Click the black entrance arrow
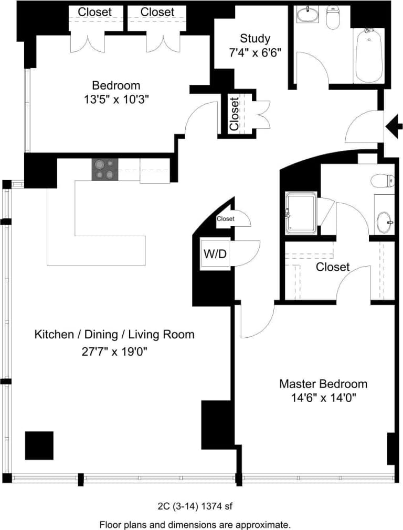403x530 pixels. pyautogui.click(x=394, y=126)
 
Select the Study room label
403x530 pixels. pyautogui.click(x=255, y=38)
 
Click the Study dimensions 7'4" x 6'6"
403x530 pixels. pyautogui.click(x=255, y=53)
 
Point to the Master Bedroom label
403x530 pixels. pyautogui.click(x=323, y=383)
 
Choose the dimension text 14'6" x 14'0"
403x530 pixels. pyautogui.click(x=323, y=398)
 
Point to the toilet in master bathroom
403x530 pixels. pyautogui.click(x=382, y=181)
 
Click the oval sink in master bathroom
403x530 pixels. pyautogui.click(x=384, y=222)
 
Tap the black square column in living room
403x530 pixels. pyautogui.click(x=39, y=445)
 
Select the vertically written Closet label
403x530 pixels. pyautogui.click(x=234, y=114)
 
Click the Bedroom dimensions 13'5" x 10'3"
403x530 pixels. pyautogui.click(x=116, y=99)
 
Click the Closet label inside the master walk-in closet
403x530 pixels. pyautogui.click(x=332, y=267)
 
